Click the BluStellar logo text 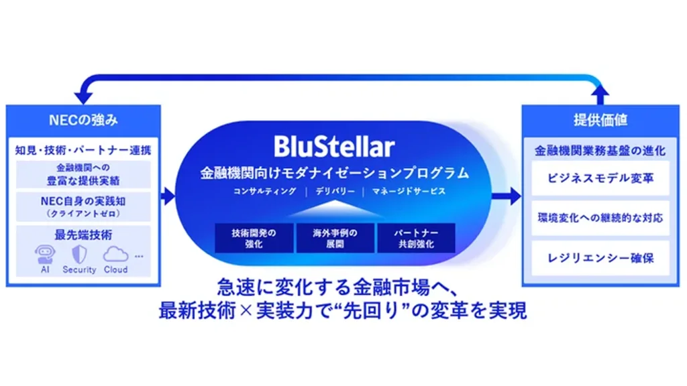(334, 146)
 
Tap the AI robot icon (45, 255)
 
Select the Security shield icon (79, 254)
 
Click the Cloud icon (115, 254)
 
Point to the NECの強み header (83, 120)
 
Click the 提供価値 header (600, 120)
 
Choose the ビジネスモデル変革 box (600, 178)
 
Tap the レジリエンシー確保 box (600, 258)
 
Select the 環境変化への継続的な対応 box (600, 218)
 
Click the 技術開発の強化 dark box (254, 239)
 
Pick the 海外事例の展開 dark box (335, 239)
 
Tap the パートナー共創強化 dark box (416, 239)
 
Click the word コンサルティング (264, 191)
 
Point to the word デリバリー (335, 191)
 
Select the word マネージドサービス (409, 191)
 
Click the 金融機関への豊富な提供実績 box (83, 174)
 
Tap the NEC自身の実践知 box (83, 206)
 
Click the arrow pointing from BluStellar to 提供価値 (507, 196)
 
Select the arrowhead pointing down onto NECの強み (83, 97)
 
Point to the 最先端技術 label (83, 235)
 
